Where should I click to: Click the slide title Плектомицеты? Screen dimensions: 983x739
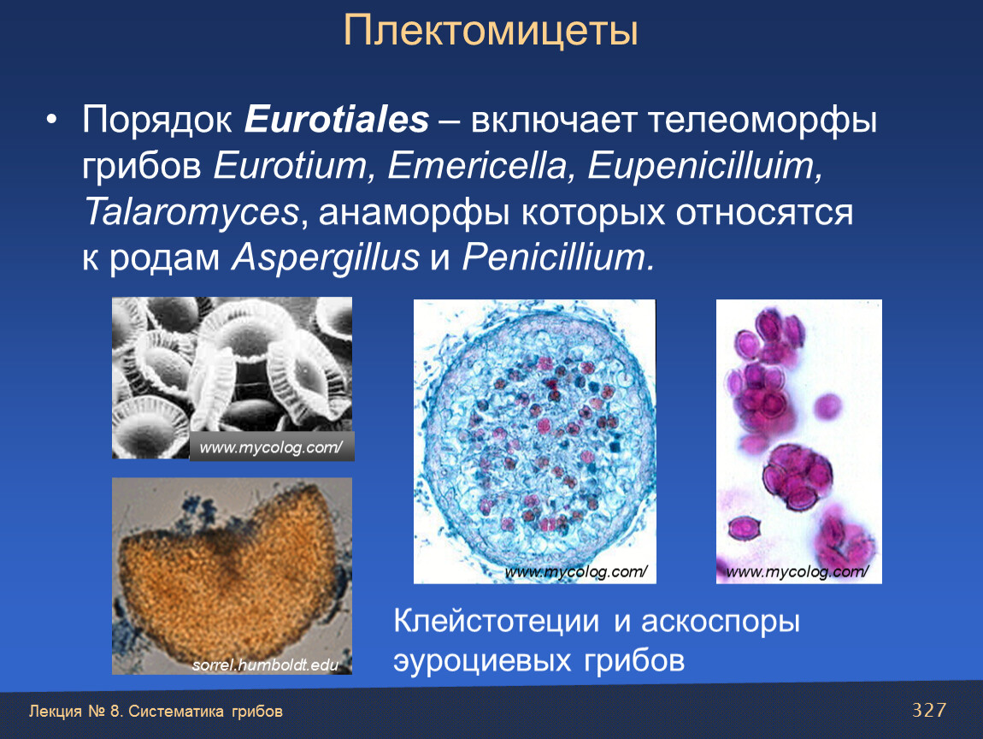491,31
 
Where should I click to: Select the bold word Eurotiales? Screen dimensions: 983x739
337,119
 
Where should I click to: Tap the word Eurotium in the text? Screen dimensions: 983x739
290,166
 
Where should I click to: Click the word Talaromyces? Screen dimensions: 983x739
191,212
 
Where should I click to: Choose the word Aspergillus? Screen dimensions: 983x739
326,257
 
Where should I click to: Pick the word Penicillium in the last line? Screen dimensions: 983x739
554,257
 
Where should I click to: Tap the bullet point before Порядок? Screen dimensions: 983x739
51,120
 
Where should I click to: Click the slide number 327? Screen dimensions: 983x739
929,710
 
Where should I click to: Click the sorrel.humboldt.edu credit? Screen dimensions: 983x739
265,665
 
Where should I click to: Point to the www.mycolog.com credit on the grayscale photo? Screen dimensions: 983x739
271,447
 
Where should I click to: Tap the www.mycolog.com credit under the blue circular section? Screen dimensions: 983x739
575,571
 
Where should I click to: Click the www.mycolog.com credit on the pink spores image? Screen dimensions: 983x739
798,571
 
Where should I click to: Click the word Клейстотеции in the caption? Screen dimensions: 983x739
497,621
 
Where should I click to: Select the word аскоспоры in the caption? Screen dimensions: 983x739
721,623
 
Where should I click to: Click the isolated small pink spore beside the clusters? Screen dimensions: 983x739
827,406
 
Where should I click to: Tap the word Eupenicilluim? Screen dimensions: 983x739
704,166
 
